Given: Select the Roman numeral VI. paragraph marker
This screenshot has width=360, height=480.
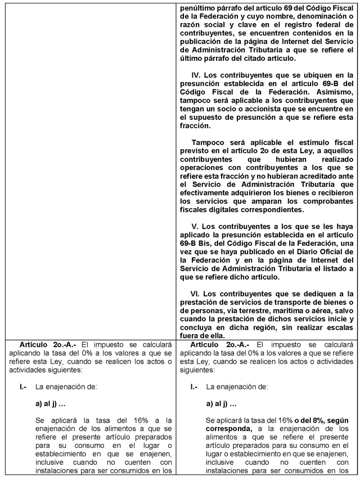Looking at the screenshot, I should [x=196, y=293].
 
